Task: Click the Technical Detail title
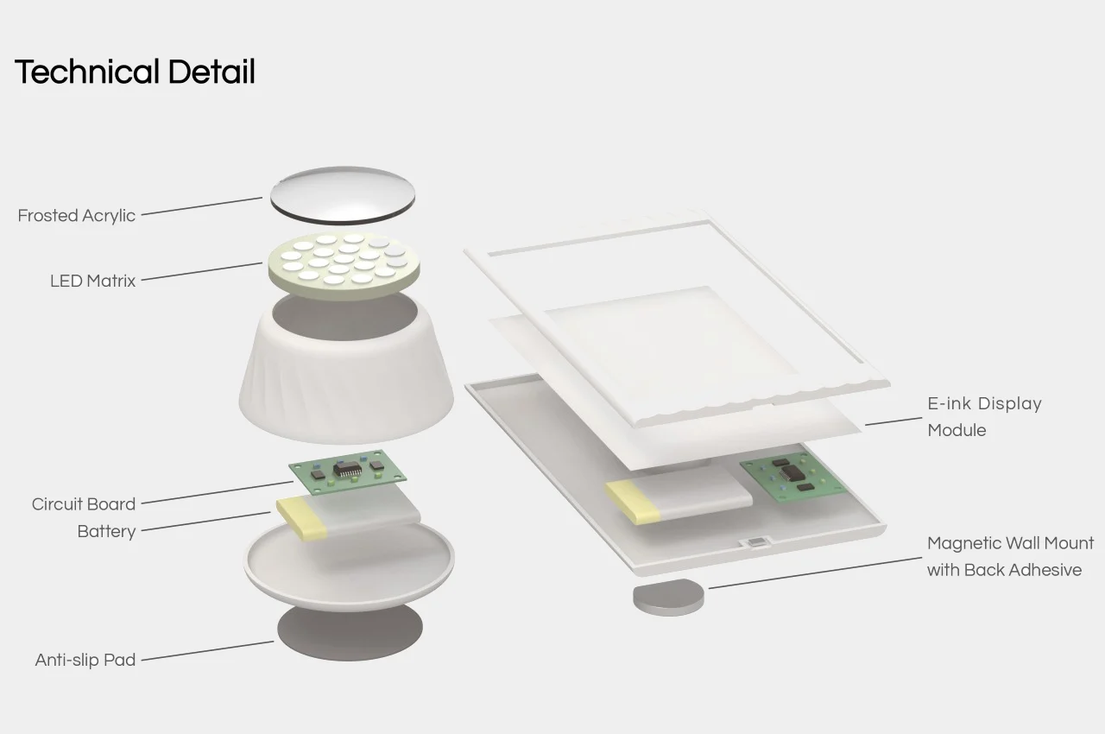tap(135, 72)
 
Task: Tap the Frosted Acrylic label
tap(76, 215)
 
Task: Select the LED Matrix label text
tap(92, 281)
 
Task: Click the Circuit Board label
tap(84, 503)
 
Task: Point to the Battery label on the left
tap(106, 531)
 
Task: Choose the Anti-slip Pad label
tap(85, 660)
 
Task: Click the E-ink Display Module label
tap(984, 416)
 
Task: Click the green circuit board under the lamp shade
tap(347, 471)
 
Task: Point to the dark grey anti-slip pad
tap(350, 632)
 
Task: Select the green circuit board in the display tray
tap(793, 476)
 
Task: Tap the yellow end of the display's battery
tap(633, 503)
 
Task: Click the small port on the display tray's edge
tap(755, 541)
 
